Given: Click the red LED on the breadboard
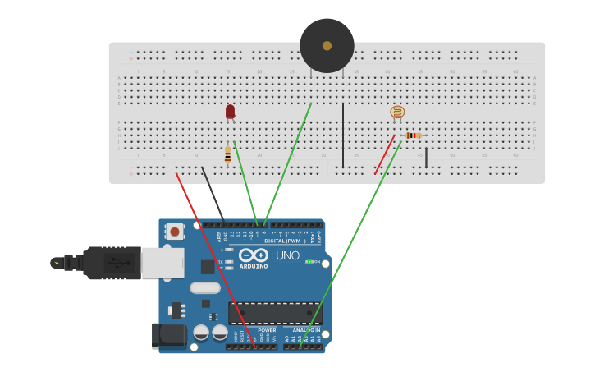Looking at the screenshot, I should [230, 111].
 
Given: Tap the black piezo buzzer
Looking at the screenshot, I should [327, 46].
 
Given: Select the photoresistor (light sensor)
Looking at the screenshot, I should [397, 113].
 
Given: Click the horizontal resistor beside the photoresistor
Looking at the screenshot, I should [413, 135].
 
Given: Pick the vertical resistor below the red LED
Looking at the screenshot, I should [227, 154].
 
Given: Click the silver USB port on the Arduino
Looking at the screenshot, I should [162, 263].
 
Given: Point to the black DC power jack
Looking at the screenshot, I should [170, 335].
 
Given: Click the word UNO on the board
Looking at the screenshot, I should [287, 255].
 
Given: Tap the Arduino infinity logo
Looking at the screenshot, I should [254, 255].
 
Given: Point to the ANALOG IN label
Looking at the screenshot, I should [306, 330].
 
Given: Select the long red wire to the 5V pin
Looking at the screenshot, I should [215, 259].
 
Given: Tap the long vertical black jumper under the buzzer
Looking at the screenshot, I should [343, 135].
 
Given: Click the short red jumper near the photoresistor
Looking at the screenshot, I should [384, 155].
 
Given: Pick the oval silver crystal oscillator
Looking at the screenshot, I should [205, 287].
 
